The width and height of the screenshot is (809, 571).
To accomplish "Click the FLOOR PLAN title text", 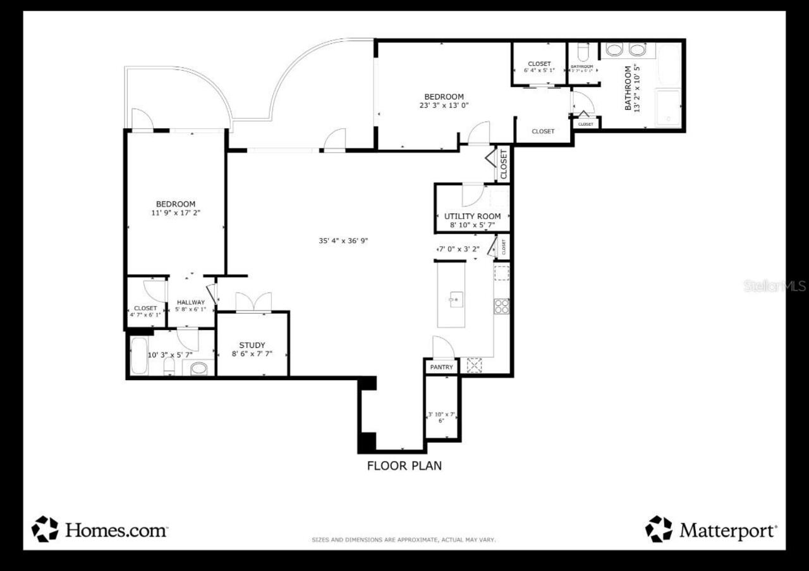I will coord(404,466).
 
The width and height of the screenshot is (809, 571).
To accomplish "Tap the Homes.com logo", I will coord(100,530).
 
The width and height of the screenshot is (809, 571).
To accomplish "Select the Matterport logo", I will coord(711,530).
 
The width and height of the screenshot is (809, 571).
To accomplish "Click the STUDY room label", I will coord(252,345).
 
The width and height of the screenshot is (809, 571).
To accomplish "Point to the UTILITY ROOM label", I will coord(472,216).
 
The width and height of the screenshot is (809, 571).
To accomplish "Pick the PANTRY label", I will coord(442,367).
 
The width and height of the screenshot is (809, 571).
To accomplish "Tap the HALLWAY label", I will coord(191,302).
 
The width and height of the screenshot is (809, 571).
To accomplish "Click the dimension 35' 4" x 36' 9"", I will coord(343,240).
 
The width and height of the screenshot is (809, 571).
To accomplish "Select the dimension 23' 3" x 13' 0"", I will coord(444,106).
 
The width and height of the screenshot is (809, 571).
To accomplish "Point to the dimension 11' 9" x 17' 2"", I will coord(176,213).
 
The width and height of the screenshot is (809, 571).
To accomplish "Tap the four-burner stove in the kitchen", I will coord(502,307).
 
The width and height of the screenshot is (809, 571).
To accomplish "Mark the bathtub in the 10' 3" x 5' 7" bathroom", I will coord(138,356).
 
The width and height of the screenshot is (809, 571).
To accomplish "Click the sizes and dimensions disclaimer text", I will coord(404,540).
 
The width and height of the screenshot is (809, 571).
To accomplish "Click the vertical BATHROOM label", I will coord(628,89).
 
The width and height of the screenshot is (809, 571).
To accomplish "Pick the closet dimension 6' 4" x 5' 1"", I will coord(539,70).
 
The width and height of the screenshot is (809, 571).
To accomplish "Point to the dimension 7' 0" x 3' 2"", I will coord(459,249).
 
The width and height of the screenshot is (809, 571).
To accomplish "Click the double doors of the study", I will coord(253,302).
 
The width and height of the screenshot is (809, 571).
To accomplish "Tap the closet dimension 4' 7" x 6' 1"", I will coord(145,315).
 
